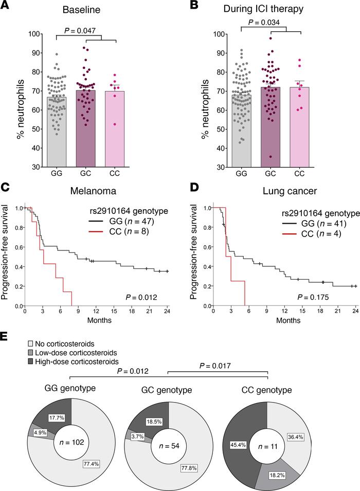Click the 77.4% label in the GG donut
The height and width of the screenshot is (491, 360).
click(x=95, y=448)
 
